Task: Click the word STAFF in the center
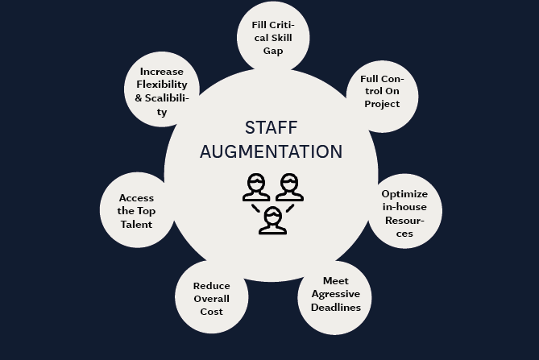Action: (271, 128)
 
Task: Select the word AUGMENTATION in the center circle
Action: (271, 151)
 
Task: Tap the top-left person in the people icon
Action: (256, 187)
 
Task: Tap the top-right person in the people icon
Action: (288, 187)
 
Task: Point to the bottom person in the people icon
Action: (272, 219)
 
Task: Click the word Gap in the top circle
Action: (272, 50)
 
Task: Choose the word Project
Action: (381, 103)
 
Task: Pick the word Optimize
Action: (404, 194)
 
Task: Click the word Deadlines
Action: (335, 307)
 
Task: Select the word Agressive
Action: (335, 294)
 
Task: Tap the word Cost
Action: (212, 312)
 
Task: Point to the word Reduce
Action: (212, 286)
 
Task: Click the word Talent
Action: (136, 224)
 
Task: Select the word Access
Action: (136, 198)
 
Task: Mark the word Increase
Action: (162, 71)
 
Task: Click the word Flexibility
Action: (162, 85)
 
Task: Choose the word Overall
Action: (212, 299)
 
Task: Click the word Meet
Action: (335, 281)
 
